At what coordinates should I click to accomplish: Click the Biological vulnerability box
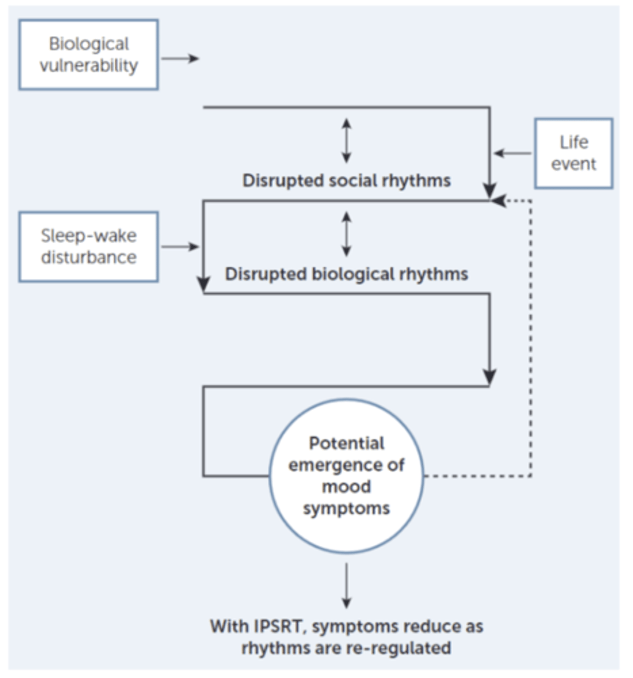tap(88, 55)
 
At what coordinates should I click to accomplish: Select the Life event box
tap(573, 153)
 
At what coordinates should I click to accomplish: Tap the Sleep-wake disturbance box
tap(88, 246)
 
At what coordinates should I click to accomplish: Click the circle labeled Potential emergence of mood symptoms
tap(346, 476)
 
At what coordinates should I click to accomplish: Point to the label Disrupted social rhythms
tap(346, 181)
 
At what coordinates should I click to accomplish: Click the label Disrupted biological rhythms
tap(346, 274)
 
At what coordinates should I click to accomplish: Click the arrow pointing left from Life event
tap(512, 153)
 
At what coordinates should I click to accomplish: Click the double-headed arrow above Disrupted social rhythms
tap(346, 141)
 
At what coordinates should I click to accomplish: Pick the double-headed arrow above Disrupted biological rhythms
tap(346, 234)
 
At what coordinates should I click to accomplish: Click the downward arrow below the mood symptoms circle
tap(346, 585)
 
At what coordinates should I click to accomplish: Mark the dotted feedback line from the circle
tap(531, 339)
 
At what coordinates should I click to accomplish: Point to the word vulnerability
tap(88, 66)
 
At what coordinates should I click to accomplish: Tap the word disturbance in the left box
tap(88, 258)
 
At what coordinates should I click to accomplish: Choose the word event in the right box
tap(573, 164)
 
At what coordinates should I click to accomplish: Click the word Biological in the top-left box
tap(88, 44)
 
